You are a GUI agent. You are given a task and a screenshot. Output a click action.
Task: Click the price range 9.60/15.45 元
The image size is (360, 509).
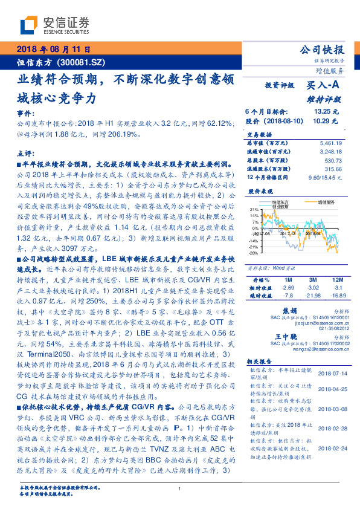point(326,178)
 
